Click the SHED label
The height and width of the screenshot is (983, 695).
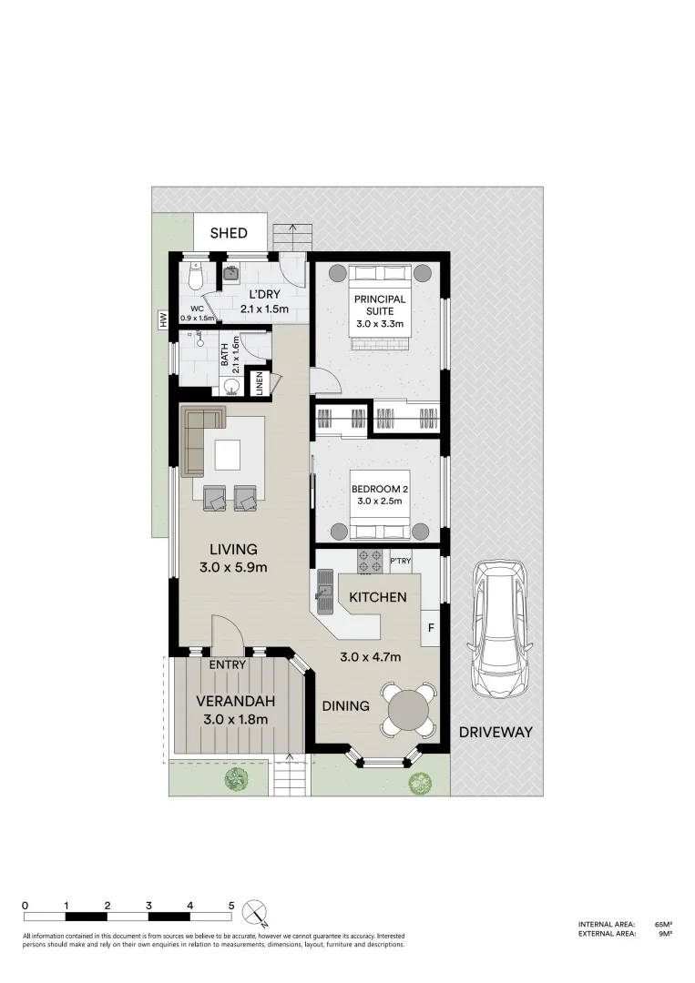click(229, 234)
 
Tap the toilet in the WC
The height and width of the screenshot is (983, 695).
click(195, 275)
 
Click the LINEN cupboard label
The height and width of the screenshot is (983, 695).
click(260, 384)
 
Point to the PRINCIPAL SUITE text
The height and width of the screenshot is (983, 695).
click(380, 305)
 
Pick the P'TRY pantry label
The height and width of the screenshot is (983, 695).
click(401, 562)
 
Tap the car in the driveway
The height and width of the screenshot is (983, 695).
click(496, 627)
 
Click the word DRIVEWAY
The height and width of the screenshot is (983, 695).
click(495, 732)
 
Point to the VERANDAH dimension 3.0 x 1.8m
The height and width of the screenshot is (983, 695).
click(235, 719)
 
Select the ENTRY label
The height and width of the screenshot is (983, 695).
click(228, 665)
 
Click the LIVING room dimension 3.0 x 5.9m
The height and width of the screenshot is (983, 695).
click(233, 569)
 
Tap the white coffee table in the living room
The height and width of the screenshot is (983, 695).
click(228, 453)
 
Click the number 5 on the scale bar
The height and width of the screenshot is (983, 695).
click(231, 906)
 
